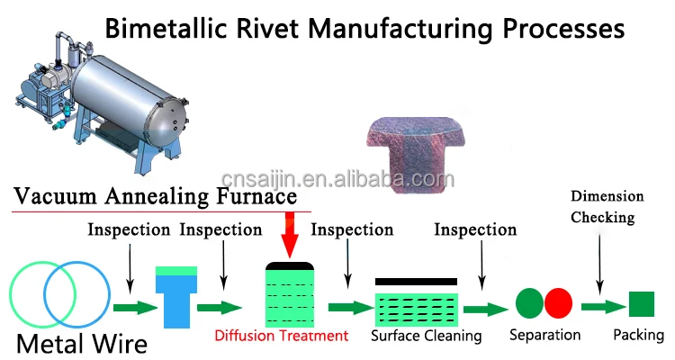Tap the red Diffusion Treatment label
(281, 337)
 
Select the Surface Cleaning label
(426, 337)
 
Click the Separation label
(544, 336)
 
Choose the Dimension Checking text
(608, 206)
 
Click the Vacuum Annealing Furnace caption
(155, 195)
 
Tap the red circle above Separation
(559, 303)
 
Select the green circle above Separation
(529, 303)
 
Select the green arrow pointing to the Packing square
(603, 307)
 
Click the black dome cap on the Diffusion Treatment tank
(289, 266)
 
